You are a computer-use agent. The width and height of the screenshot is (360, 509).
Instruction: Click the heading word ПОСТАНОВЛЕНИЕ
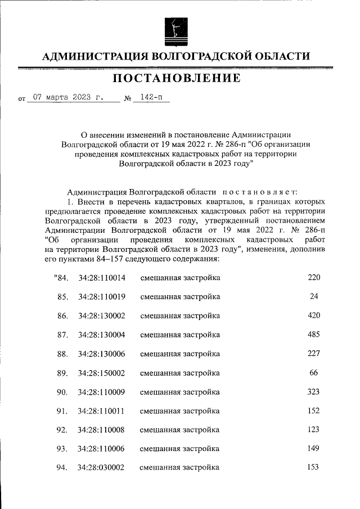pyautogui.click(x=177, y=78)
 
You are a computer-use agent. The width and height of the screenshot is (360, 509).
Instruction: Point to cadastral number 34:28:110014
pyautogui.click(x=102, y=278)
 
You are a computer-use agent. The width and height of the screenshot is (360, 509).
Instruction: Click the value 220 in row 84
pyautogui.click(x=314, y=278)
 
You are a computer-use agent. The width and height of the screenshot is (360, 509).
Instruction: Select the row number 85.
pyautogui.click(x=62, y=297)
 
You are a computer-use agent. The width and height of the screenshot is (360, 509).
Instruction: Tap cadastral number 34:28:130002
pyautogui.click(x=102, y=316)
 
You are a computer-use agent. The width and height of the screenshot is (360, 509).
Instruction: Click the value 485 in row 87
pyautogui.click(x=314, y=335)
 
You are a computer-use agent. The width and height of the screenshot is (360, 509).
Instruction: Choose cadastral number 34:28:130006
pyautogui.click(x=102, y=354)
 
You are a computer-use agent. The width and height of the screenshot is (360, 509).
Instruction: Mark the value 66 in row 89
pyautogui.click(x=314, y=373)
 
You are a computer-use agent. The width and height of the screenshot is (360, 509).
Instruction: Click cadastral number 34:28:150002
pyautogui.click(x=102, y=373)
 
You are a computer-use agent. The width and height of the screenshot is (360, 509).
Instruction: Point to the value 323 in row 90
pyautogui.click(x=314, y=392)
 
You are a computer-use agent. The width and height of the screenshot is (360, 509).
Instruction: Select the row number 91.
pyautogui.click(x=62, y=411)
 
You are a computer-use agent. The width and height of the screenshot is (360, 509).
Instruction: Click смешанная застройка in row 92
pyautogui.click(x=179, y=430)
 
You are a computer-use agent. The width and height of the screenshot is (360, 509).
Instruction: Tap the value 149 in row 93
pyautogui.click(x=314, y=449)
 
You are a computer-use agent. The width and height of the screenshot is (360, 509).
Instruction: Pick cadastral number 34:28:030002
pyautogui.click(x=102, y=468)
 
